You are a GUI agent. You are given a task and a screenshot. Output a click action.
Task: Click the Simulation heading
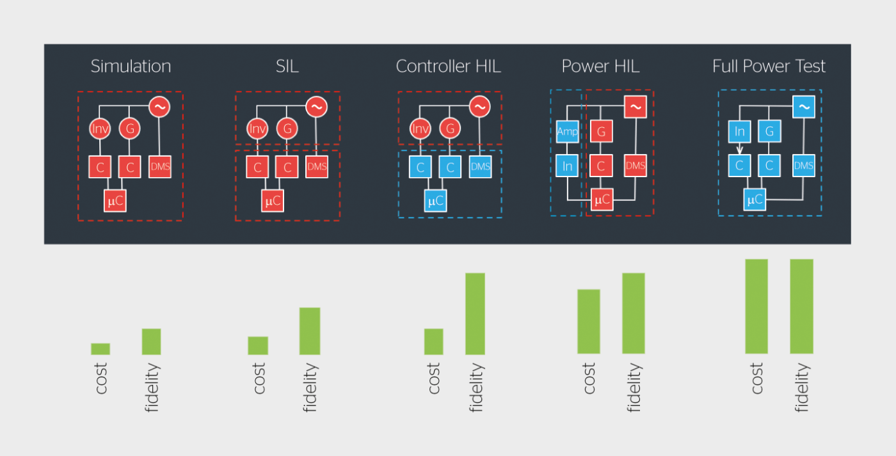pyautogui.click(x=131, y=67)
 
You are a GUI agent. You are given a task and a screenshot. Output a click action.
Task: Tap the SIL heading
pyautogui.click(x=287, y=67)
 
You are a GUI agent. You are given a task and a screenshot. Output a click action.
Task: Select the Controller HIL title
pyautogui.click(x=448, y=67)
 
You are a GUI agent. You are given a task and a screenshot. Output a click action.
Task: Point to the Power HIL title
pyautogui.click(x=600, y=67)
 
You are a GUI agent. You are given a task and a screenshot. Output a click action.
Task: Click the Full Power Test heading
pyautogui.click(x=769, y=67)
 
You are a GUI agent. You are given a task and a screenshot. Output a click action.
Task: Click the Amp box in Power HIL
pyautogui.click(x=567, y=132)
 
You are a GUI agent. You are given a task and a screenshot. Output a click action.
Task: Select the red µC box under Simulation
pyautogui.click(x=115, y=201)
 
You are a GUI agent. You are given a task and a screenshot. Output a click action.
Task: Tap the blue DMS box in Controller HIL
pyautogui.click(x=480, y=167)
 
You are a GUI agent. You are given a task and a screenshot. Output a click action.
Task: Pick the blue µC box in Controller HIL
pyautogui.click(x=436, y=201)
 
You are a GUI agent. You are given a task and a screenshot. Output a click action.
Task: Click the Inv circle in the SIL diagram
pyautogui.click(x=257, y=129)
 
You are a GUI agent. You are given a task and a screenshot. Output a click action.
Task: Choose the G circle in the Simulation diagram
pyautogui.click(x=129, y=129)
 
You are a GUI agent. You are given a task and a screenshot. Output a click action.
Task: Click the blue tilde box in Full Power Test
pyautogui.click(x=804, y=107)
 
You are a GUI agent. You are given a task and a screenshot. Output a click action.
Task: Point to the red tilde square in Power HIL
pyautogui.click(x=635, y=107)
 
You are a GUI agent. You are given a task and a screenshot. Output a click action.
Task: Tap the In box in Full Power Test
pyautogui.click(x=739, y=131)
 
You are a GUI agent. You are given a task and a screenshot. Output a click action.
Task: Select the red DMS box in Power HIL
pyautogui.click(x=635, y=166)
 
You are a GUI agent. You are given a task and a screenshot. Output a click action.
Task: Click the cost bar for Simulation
pyautogui.click(x=100, y=349)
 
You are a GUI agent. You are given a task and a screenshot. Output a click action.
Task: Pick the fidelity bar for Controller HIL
pyautogui.click(x=475, y=314)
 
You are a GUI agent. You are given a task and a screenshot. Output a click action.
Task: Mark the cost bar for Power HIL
pyautogui.click(x=588, y=322)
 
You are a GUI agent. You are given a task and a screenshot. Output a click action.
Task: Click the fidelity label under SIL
pyautogui.click(x=310, y=388)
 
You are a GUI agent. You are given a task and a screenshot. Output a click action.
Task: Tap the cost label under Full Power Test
pyautogui.click(x=756, y=378)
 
